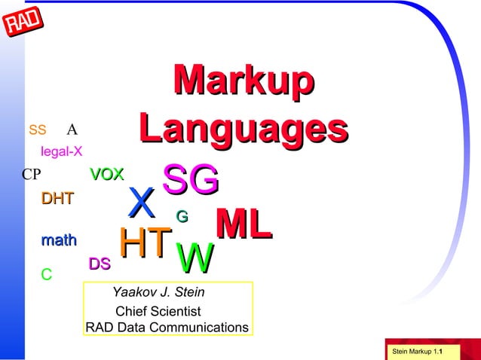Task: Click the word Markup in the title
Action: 243,81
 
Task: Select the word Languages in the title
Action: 243,129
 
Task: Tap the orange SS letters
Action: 38,130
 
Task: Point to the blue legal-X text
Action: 62,151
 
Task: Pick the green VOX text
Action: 107,175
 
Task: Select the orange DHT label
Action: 57,200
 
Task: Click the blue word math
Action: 59,241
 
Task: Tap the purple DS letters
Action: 100,264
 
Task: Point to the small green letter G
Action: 182,217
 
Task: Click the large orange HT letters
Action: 145,243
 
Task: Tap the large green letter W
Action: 194,259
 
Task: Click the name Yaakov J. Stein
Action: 158,292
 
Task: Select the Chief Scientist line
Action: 158,310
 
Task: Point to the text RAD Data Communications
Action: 167,328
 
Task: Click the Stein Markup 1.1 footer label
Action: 417,352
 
